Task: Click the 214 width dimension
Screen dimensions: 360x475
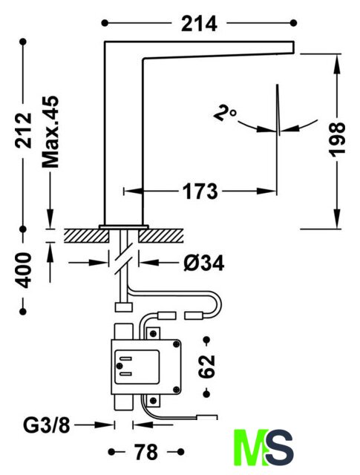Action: (199, 24)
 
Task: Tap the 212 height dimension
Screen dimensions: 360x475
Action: (24, 131)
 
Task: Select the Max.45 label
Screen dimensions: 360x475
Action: (50, 132)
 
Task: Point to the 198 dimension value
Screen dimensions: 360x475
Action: (337, 140)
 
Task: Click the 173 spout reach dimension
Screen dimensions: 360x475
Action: (200, 191)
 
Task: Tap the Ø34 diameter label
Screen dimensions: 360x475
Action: (203, 263)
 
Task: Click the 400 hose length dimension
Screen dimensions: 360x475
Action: (23, 270)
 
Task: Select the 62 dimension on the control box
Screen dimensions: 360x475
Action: (206, 366)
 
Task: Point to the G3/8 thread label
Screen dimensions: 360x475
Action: (47, 425)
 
